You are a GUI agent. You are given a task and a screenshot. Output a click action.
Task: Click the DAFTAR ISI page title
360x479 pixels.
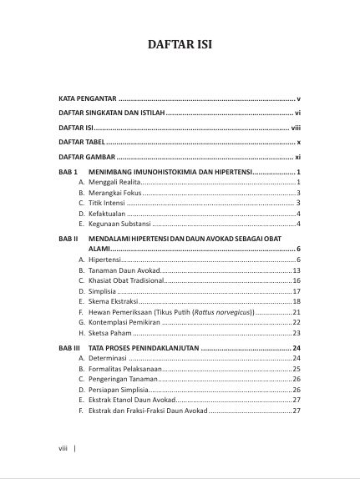180,44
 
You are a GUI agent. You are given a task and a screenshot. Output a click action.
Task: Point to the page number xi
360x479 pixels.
297,157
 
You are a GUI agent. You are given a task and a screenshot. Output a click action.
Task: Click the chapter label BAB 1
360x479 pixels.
68,172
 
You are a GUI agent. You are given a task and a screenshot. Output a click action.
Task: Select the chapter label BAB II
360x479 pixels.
68,239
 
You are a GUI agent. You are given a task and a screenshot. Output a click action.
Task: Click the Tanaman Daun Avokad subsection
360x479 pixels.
122,271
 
